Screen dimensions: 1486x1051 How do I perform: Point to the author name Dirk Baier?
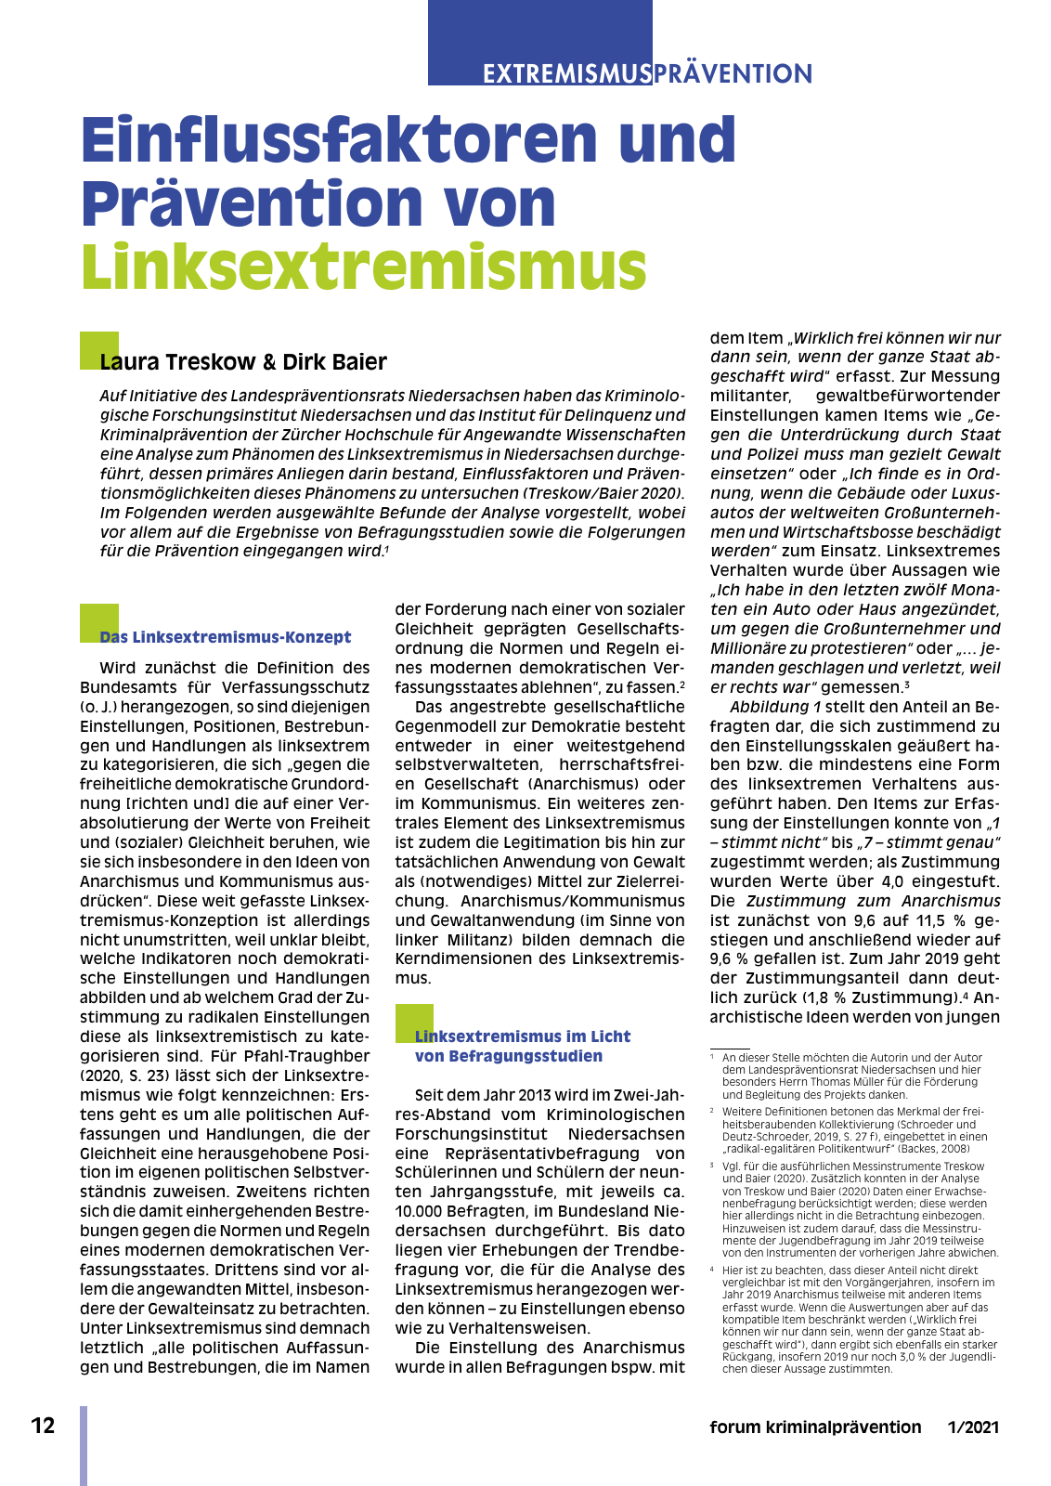pyautogui.click(x=335, y=362)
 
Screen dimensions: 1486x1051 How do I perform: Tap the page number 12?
pyautogui.click(x=43, y=1426)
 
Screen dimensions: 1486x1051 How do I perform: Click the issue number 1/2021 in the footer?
pyautogui.click(x=973, y=1427)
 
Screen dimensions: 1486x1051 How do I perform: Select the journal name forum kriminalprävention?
pyautogui.click(x=815, y=1427)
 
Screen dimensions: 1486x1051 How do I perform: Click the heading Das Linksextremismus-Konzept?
pyautogui.click(x=226, y=637)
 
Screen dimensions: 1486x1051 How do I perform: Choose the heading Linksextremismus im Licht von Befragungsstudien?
pyautogui.click(x=522, y=1046)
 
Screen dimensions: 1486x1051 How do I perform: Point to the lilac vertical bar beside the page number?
pyautogui.click(x=84, y=1445)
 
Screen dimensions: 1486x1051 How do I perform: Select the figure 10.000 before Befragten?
pyautogui.click(x=420, y=1211)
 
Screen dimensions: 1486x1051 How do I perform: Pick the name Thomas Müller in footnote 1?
pyautogui.click(x=834, y=1082)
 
